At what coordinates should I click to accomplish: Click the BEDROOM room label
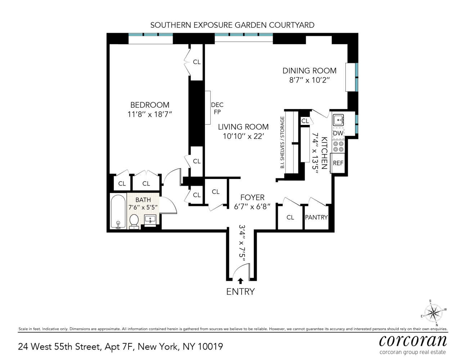(149, 105)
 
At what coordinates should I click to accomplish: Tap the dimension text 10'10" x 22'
(243, 136)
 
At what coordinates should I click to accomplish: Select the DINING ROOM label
(309, 71)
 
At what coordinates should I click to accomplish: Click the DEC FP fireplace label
(217, 108)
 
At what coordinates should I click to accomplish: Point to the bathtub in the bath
(118, 211)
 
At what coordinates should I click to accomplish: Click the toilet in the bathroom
(134, 221)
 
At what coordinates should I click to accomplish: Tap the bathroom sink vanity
(150, 219)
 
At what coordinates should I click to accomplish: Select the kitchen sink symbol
(338, 119)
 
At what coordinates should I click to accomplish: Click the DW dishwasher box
(338, 133)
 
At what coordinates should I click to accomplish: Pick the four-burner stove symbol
(338, 146)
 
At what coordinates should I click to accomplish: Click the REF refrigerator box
(338, 163)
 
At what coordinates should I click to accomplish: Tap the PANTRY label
(316, 217)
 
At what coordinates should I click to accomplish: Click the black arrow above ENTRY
(241, 281)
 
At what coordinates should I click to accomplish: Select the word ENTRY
(240, 292)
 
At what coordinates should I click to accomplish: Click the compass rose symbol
(433, 312)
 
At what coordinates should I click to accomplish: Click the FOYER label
(252, 197)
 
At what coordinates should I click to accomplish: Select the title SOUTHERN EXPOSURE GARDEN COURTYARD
(232, 25)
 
